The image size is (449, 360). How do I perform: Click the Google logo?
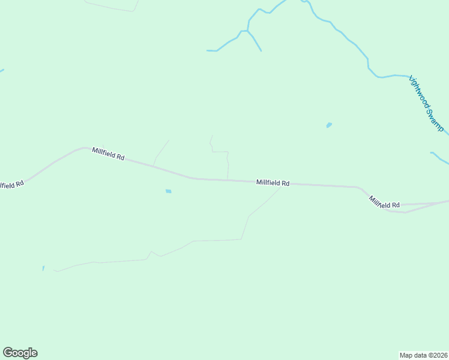tap(20, 353)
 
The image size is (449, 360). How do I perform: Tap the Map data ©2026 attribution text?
tap(424, 355)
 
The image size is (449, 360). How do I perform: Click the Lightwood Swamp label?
tap(426, 103)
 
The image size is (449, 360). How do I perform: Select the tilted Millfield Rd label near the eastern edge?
tap(384, 203)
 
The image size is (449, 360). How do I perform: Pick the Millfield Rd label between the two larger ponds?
tap(273, 182)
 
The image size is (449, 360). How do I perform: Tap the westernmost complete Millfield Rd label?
tap(108, 154)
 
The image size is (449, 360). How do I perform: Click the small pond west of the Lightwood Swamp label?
tap(329, 125)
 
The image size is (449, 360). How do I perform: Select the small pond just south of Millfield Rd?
tap(169, 191)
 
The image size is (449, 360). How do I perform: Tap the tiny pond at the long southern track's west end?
tap(43, 268)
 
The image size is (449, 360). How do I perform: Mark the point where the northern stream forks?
tap(247, 31)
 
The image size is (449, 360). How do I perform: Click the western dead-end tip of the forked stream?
tap(208, 50)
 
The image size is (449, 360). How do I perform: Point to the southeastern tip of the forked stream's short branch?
tap(261, 50)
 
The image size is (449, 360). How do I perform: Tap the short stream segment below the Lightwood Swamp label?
tap(439, 158)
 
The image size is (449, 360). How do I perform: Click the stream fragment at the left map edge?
tap(1, 71)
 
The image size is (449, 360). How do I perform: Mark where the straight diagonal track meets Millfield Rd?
tap(154, 164)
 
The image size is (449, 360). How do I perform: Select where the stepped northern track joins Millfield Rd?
tap(228, 179)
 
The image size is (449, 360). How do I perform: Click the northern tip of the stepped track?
tap(212, 136)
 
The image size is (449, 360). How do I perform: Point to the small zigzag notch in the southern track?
tap(154, 254)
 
